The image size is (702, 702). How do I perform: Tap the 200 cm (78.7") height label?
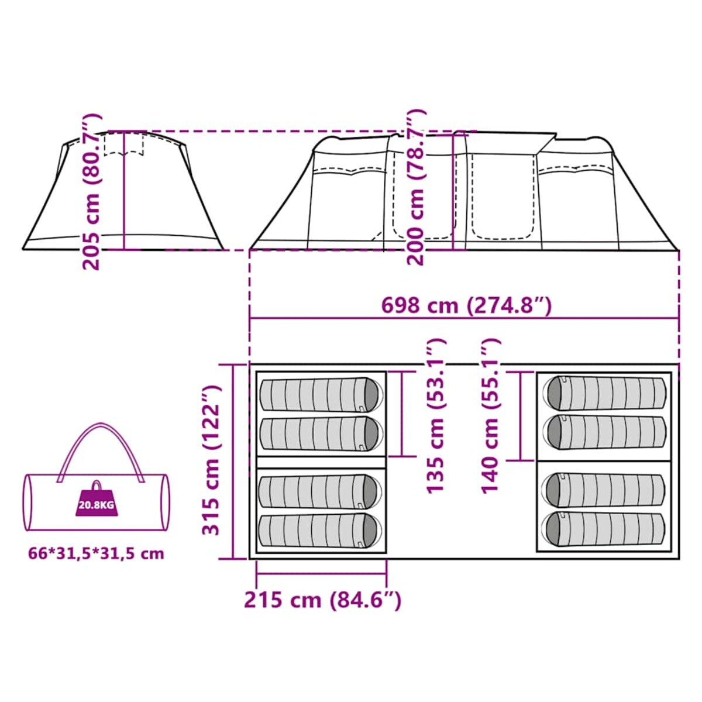(416, 187)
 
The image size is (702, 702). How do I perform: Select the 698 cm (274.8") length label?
(466, 305)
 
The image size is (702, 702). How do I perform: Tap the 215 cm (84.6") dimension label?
(322, 600)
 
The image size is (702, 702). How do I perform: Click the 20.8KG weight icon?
(96, 502)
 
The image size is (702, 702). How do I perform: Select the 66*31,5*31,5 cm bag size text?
(96, 553)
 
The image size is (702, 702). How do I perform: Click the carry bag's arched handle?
(101, 445)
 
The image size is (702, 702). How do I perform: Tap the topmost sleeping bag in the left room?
(321, 395)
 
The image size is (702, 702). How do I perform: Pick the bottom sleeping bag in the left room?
(319, 532)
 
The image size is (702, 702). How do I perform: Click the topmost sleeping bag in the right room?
(605, 393)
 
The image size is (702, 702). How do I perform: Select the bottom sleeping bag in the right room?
(604, 529)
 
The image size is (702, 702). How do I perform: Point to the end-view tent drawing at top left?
(123, 193)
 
